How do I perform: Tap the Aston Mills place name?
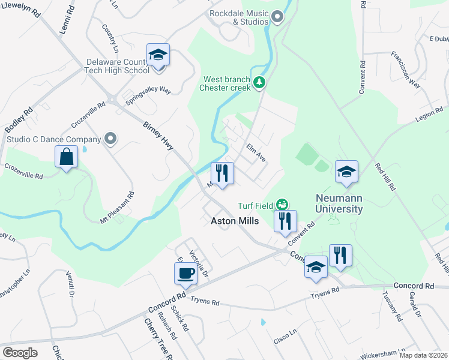pyautogui.click(x=235, y=221)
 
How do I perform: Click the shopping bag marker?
pyautogui.click(x=66, y=158)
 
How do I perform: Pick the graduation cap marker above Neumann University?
pyautogui.click(x=346, y=172)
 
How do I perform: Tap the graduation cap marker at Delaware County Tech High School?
pyautogui.click(x=158, y=55)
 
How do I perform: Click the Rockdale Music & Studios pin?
pyautogui.click(x=277, y=17)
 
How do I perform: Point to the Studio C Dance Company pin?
pyautogui.click(x=110, y=139)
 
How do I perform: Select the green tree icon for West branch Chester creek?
pyautogui.click(x=259, y=82)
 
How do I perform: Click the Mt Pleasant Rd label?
pyautogui.click(x=118, y=208)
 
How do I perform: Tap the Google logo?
pyautogui.click(x=20, y=352)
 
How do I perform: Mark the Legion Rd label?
pyautogui.click(x=429, y=116)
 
